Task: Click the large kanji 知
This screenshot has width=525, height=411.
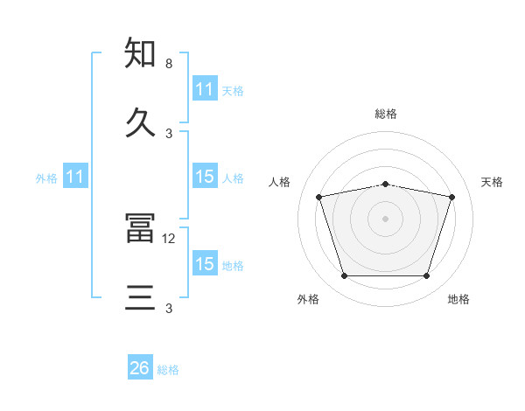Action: pyautogui.click(x=140, y=52)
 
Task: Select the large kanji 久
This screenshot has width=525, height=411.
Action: pyautogui.click(x=140, y=122)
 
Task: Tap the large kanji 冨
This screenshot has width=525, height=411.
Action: pyautogui.click(x=140, y=227)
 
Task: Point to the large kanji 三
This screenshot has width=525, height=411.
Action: pyautogui.click(x=140, y=297)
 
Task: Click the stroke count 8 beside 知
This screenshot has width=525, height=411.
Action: pyautogui.click(x=169, y=64)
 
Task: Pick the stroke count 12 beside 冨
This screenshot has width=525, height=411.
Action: pyautogui.click(x=168, y=239)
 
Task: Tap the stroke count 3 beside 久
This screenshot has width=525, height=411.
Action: pyautogui.click(x=169, y=134)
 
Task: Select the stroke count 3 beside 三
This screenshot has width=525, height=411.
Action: pyautogui.click(x=169, y=308)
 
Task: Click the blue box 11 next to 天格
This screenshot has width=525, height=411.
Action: pyautogui.click(x=205, y=88)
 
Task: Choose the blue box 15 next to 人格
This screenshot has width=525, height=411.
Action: pyautogui.click(x=205, y=176)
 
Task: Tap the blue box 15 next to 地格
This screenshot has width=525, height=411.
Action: pyautogui.click(x=205, y=262)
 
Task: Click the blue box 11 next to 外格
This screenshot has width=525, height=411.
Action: pyautogui.click(x=75, y=176)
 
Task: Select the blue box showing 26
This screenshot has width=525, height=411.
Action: pyautogui.click(x=140, y=366)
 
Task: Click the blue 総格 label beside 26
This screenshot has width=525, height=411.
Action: pyautogui.click(x=168, y=370)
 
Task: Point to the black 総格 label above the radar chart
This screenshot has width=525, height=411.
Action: pyautogui.click(x=386, y=114)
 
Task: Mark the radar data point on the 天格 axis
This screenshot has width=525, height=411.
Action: pyautogui.click(x=451, y=197)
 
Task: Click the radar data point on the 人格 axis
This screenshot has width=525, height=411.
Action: pyautogui.click(x=319, y=197)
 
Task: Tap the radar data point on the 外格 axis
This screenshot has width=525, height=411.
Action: pyautogui.click(x=345, y=275)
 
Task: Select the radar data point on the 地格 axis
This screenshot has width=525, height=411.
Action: pyautogui.click(x=426, y=275)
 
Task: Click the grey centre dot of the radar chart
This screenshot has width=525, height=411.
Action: pyautogui.click(x=385, y=219)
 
